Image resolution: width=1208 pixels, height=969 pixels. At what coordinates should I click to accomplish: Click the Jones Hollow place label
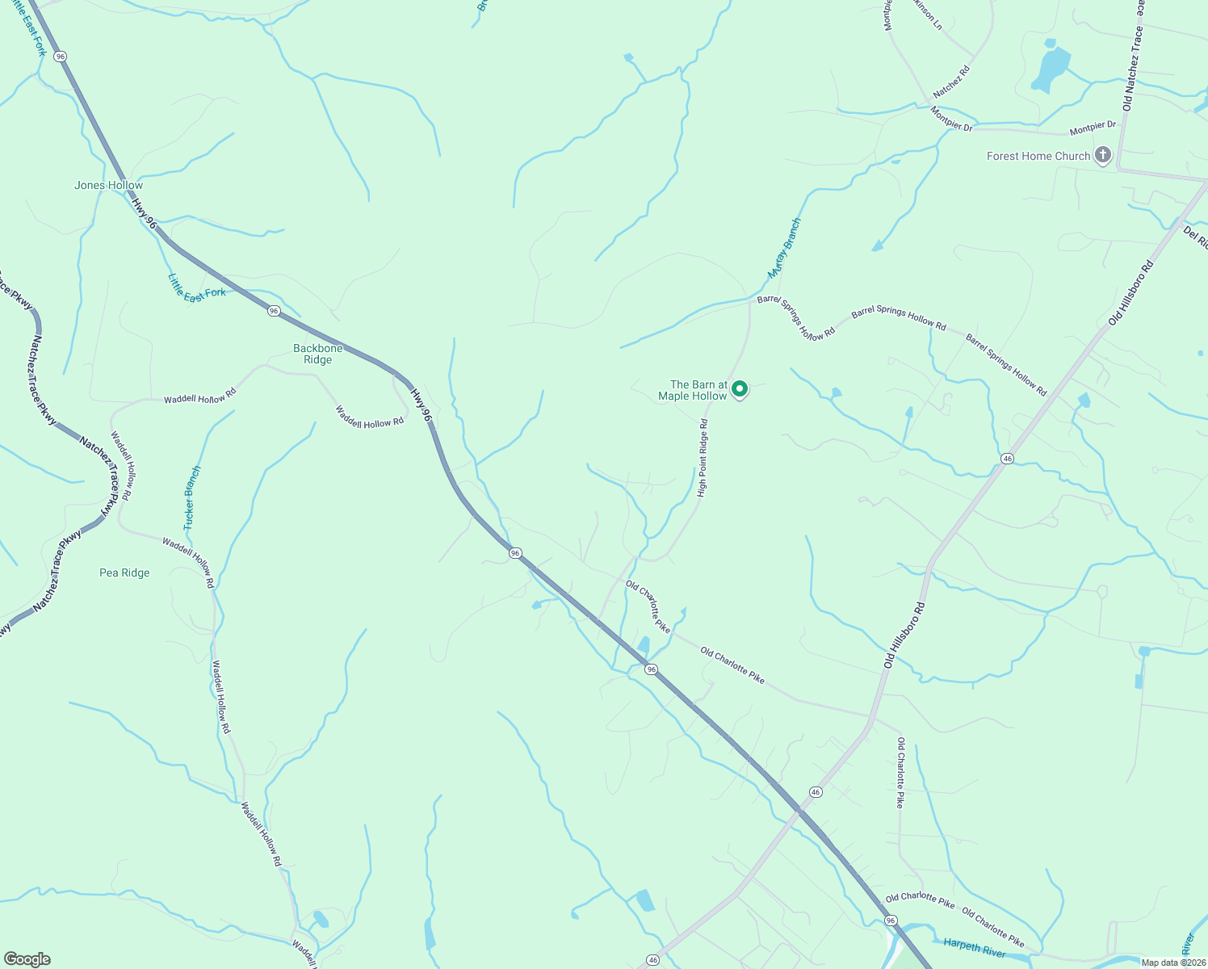click(108, 185)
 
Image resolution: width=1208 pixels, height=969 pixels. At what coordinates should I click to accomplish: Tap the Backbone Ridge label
click(317, 354)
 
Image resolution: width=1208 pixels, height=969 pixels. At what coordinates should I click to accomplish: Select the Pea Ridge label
click(124, 573)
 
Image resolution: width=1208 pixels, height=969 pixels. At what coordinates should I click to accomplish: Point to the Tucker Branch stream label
click(191, 497)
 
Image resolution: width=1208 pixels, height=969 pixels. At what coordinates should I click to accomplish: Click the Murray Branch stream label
click(784, 248)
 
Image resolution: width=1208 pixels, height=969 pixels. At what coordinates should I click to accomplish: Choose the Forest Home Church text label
click(1038, 156)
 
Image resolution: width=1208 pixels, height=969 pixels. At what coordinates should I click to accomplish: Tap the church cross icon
click(1103, 155)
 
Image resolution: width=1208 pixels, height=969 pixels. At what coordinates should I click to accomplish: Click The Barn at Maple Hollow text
click(693, 390)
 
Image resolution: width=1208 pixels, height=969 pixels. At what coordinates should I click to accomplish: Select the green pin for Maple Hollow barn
click(739, 390)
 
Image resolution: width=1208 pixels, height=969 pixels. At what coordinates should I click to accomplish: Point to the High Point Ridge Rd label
click(703, 458)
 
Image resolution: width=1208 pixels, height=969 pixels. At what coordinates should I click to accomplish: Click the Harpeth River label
click(974, 947)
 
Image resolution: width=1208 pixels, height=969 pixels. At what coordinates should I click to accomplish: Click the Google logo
click(27, 959)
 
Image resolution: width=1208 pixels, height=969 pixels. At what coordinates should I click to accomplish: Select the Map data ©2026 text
click(1172, 963)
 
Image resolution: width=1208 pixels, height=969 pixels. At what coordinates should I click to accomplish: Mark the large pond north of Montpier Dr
click(1051, 69)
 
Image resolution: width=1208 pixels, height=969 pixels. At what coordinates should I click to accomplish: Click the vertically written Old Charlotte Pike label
click(900, 772)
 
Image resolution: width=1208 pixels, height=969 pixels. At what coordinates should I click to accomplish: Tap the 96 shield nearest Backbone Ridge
click(275, 311)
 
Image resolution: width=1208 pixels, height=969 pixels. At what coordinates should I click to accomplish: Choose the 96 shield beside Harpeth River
click(891, 921)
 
